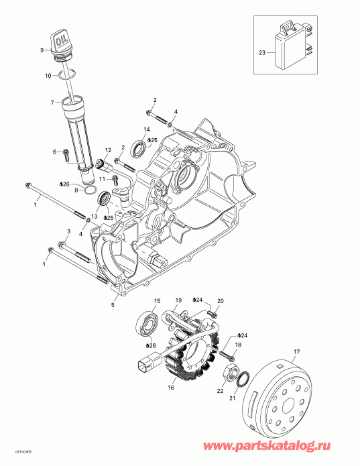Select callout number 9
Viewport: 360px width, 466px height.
pyautogui.click(x=42, y=50)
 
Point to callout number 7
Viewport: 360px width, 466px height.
pyautogui.click(x=52, y=103)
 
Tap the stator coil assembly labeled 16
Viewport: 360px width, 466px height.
pyautogui.click(x=194, y=352)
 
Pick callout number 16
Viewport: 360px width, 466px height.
pyautogui.click(x=170, y=387)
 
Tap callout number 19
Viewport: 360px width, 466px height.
pyautogui.click(x=178, y=299)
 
